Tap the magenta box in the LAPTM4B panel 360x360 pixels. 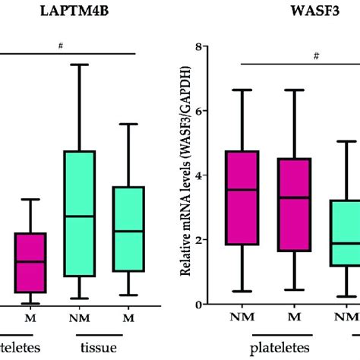coord(30,262)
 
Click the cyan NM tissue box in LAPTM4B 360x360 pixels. coord(80,213)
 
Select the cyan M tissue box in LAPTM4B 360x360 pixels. coord(128,229)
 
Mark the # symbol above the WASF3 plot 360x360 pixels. coord(314,55)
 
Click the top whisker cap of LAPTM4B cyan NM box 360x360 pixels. coord(80,65)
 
